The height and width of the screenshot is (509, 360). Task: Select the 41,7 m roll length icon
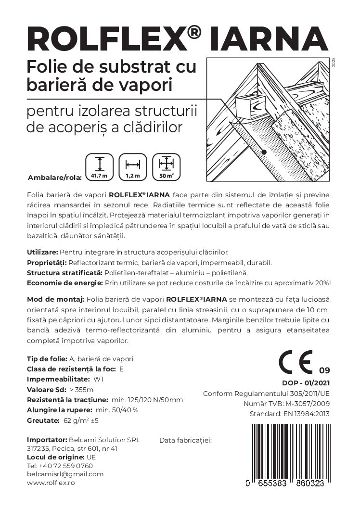tap(99, 167)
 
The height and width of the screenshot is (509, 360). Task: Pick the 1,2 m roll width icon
tap(132, 167)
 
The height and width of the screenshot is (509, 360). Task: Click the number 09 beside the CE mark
tap(324, 370)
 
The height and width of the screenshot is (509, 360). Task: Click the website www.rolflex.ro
tap(51, 483)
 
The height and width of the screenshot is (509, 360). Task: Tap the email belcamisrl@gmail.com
tap(65, 474)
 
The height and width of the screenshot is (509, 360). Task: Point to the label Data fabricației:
tap(185, 440)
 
